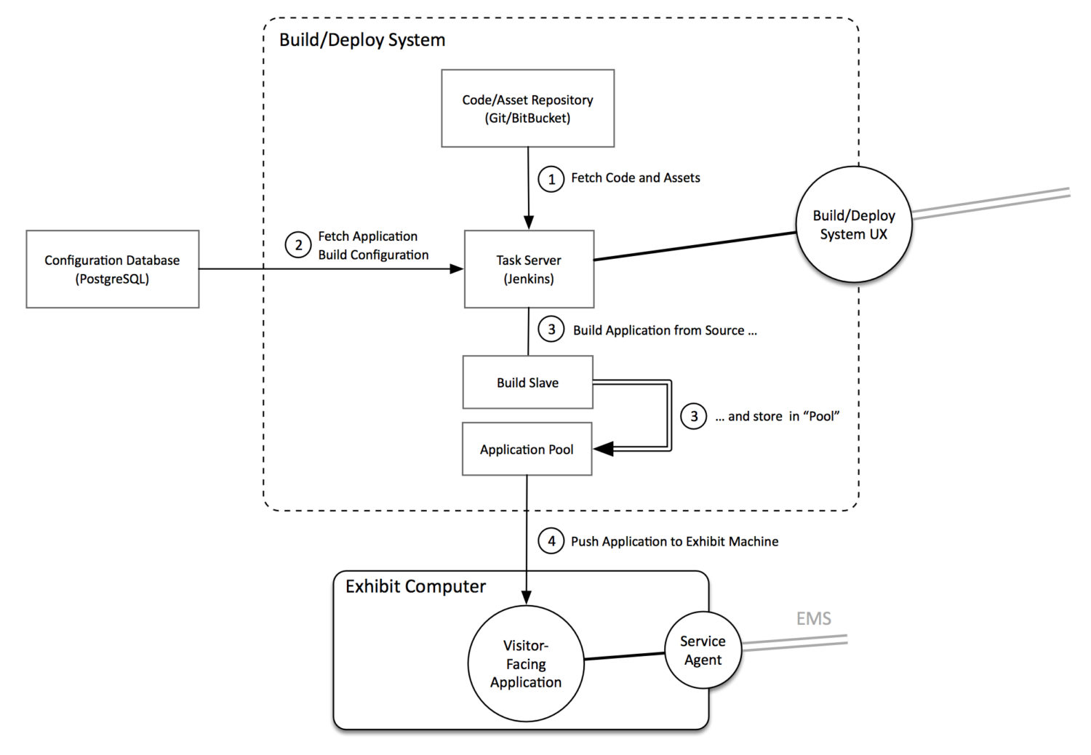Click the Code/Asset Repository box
pyautogui.click(x=527, y=108)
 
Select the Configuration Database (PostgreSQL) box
pyautogui.click(x=113, y=269)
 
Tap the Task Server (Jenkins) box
pyautogui.click(x=529, y=269)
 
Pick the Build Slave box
pyautogui.click(x=527, y=382)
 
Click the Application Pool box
pyautogui.click(x=527, y=449)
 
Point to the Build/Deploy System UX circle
pyautogui.click(x=854, y=225)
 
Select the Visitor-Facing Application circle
pyautogui.click(x=526, y=663)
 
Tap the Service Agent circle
pyautogui.click(x=703, y=650)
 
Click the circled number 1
pyautogui.click(x=551, y=179)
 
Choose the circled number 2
pyautogui.click(x=298, y=245)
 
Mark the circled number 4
pyautogui.click(x=551, y=541)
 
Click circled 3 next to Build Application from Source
pyautogui.click(x=551, y=329)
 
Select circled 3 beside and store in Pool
pyautogui.click(x=694, y=416)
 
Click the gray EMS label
pyautogui.click(x=813, y=618)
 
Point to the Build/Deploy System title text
pyautogui.click(x=362, y=40)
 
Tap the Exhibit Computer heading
pyautogui.click(x=415, y=586)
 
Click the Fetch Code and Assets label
pyautogui.click(x=636, y=177)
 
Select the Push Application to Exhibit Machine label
pyautogui.click(x=674, y=542)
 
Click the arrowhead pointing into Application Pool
pyautogui.click(x=603, y=449)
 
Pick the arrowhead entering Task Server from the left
pyautogui.click(x=456, y=269)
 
